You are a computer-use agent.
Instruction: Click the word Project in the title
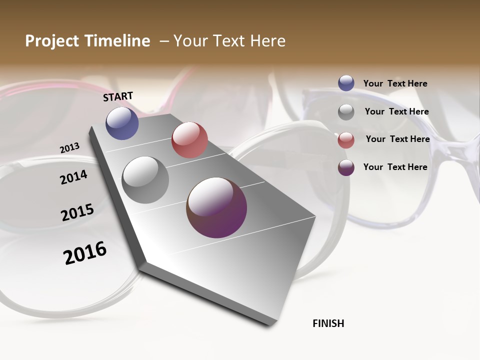[50, 41]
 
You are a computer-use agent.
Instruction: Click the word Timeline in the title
[120, 41]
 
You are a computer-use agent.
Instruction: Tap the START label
[118, 96]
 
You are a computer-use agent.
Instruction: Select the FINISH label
[328, 323]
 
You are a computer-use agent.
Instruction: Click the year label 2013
[69, 148]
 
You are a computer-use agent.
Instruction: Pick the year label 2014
[73, 177]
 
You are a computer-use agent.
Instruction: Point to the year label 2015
[77, 212]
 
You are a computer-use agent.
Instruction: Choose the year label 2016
[85, 253]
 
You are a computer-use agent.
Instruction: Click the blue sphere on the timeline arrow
[122, 123]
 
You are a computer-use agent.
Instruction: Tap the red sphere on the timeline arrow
[189, 140]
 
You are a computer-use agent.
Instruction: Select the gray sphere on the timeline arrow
[145, 180]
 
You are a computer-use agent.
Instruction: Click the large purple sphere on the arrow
[216, 207]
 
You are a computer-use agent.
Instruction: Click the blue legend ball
[346, 83]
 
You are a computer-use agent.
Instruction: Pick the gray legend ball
[346, 112]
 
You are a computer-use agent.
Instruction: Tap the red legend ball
[346, 140]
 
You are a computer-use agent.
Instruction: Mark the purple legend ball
[346, 167]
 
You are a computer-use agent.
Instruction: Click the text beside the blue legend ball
[395, 83]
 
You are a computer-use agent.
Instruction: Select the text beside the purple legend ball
[395, 167]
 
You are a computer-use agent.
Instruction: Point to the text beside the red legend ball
[397, 139]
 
